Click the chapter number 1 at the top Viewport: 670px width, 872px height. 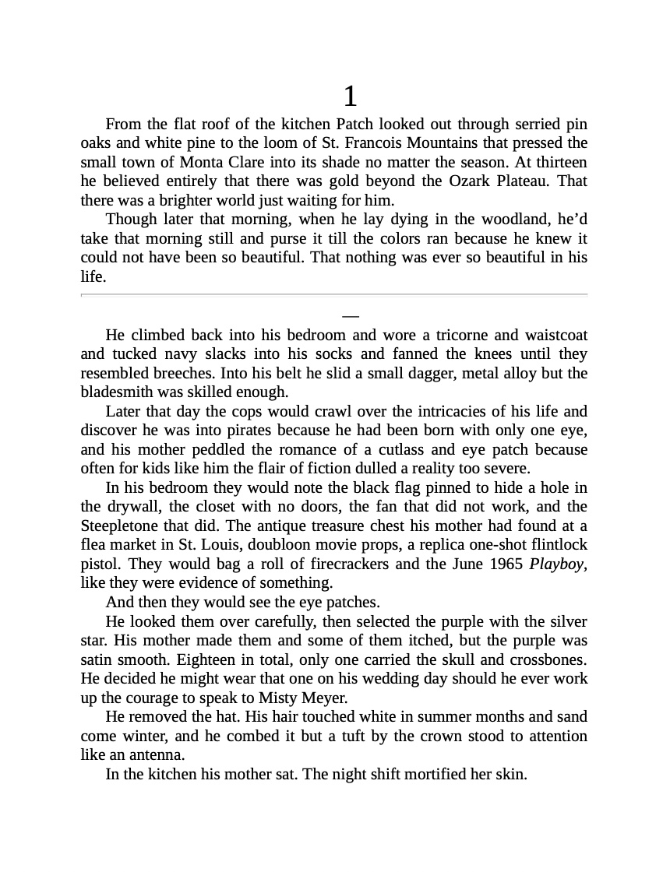[x=350, y=97]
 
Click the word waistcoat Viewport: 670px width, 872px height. [x=556, y=336]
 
